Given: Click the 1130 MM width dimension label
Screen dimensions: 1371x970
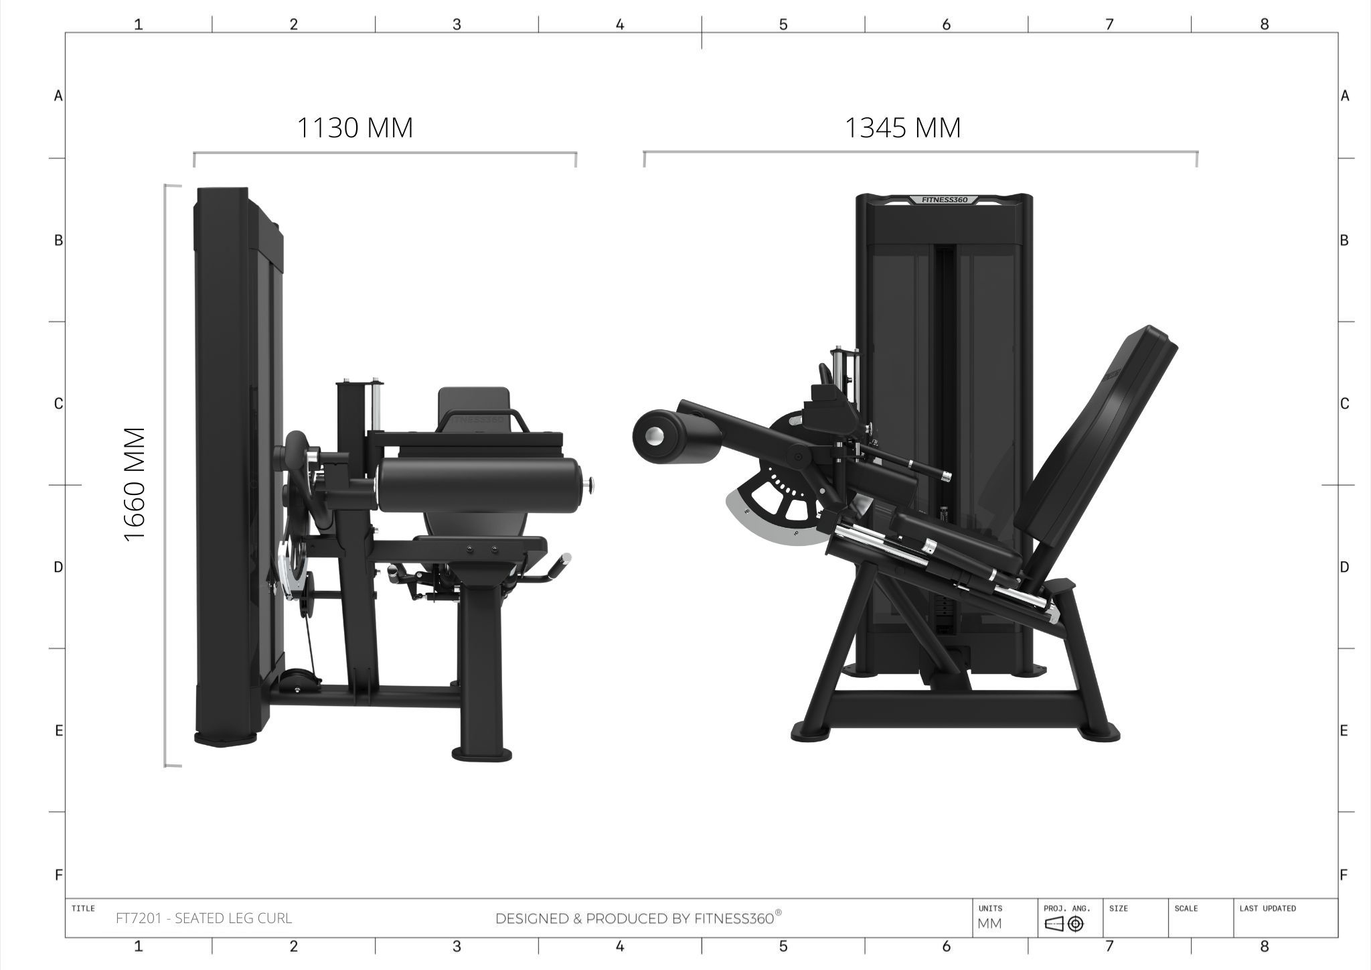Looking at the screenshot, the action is coord(355,128).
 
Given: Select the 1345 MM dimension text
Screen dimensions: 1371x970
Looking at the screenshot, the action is coord(903,128).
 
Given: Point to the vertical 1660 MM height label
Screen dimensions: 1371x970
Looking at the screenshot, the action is coord(135,485).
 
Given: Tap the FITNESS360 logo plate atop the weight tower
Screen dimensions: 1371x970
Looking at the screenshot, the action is coord(944,200).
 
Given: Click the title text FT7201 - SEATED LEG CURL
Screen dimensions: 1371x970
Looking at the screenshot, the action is coord(204,918).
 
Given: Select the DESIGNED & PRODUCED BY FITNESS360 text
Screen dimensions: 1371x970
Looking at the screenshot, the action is coord(638,918).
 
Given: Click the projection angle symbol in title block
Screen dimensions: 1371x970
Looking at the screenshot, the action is coord(1064,924).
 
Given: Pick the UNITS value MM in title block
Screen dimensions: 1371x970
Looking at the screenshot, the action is coord(989,924).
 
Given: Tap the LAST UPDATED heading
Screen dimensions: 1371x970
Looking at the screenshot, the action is coord(1267,908).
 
